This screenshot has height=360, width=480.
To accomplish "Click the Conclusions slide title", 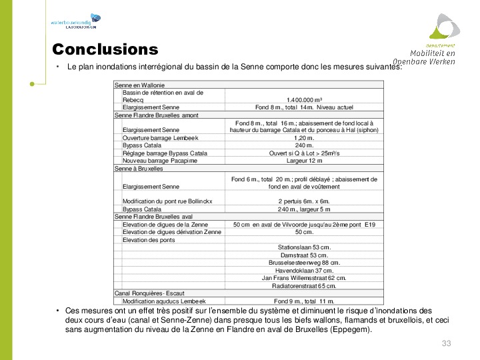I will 105,50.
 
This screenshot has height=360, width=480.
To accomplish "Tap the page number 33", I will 447,343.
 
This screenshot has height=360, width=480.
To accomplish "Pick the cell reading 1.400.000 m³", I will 304,100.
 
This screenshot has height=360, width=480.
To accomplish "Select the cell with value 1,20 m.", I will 304,137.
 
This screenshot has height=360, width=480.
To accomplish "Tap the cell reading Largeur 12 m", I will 304,161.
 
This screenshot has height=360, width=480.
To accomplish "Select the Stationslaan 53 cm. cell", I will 304,247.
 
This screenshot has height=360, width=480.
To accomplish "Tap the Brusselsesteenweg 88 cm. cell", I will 304,263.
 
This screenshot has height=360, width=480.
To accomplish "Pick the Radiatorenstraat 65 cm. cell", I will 304,286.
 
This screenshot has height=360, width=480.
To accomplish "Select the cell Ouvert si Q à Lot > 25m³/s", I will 304,153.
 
